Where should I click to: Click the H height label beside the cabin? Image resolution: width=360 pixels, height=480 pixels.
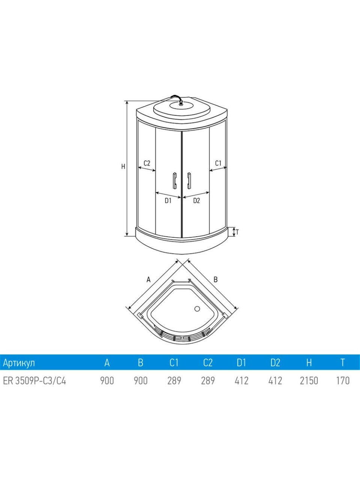coord(123,166)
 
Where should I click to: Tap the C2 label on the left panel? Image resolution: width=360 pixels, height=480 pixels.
coord(147,163)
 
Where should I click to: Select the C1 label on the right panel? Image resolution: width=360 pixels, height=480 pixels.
coord(218,163)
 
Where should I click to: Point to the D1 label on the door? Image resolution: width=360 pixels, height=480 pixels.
coord(168,201)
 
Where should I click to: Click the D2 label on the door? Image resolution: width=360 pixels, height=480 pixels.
coord(196,201)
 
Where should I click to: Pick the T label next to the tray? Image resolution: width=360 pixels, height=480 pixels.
coord(237,232)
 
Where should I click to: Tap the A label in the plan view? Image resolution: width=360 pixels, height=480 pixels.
coord(148,279)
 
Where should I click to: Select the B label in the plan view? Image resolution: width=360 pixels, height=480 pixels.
coord(216,279)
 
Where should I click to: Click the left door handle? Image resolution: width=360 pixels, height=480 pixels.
coord(174,180)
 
